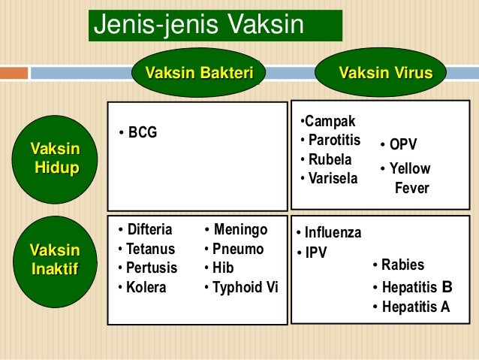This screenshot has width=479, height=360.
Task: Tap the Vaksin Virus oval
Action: pos(386,73)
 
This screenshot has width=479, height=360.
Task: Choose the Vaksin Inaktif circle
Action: pos(55,259)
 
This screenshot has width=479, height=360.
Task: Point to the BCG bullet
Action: pos(138,133)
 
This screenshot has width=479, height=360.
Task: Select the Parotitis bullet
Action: pos(330,141)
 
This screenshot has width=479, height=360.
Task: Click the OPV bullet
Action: pos(399,144)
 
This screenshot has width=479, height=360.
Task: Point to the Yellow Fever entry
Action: pos(405,178)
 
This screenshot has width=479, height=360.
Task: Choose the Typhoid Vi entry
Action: pos(241,287)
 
